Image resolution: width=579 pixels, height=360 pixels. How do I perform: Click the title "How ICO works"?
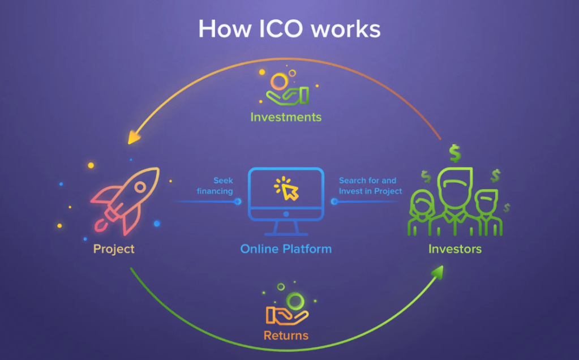[x=289, y=28]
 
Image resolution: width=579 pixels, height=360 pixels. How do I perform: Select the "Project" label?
[x=114, y=248]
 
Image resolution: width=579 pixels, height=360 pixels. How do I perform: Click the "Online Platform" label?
[x=286, y=249]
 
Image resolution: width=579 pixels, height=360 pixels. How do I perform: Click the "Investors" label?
[x=455, y=248]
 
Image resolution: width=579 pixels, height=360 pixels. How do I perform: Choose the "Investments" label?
[x=286, y=117]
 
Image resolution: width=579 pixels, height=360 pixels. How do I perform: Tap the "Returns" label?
[x=286, y=336]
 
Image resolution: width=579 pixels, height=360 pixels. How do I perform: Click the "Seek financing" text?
[x=215, y=186]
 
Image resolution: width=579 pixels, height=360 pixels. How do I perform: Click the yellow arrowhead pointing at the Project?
[x=134, y=137]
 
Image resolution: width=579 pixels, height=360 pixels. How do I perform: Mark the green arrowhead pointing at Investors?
[x=437, y=272]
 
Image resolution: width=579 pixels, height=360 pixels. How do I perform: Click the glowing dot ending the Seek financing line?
[x=238, y=201]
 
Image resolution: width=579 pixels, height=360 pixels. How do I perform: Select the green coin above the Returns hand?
[x=294, y=299]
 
